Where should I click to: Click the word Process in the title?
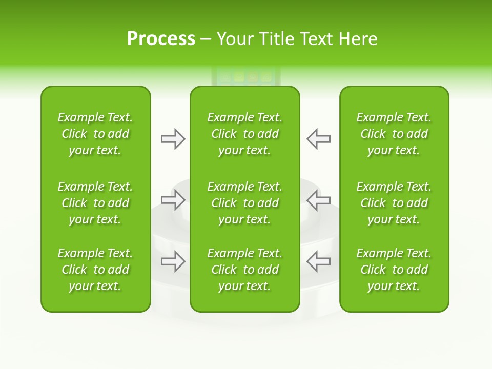161,39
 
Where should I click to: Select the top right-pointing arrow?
173,138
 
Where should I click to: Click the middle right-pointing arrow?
173,200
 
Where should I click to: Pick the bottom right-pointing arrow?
173,261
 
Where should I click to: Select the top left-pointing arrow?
319,138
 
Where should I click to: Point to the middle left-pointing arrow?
319,200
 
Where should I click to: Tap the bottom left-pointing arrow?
319,261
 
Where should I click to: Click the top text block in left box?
95,134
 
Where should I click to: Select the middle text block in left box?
95,203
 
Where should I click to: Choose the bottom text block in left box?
95,270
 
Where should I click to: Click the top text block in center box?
245,134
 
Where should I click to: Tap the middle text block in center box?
245,203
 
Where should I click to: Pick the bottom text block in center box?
245,270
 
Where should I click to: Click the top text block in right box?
394,134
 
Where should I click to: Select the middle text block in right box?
394,203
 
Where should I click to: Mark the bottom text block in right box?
394,270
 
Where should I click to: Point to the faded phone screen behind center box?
245,76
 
